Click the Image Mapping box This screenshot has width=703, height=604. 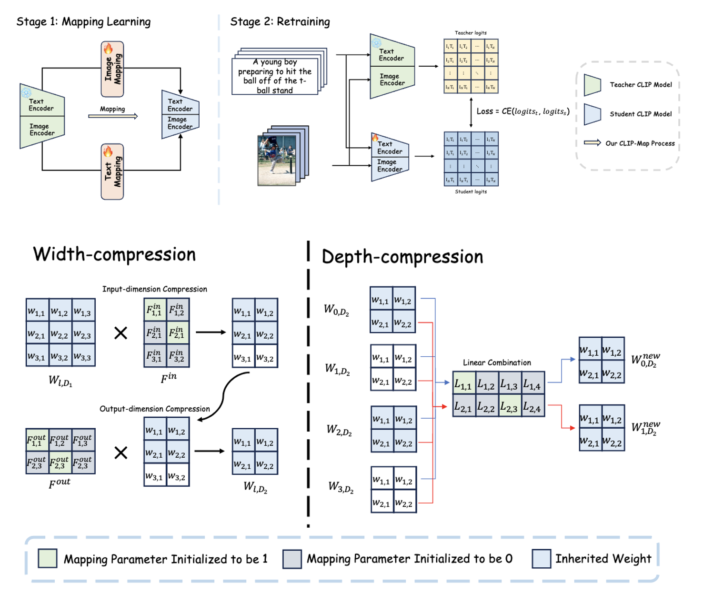click(x=112, y=69)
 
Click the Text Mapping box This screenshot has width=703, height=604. click(x=112, y=171)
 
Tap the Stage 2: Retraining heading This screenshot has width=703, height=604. click(x=280, y=22)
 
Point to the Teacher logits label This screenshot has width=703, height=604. click(x=471, y=33)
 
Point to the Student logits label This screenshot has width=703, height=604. click(x=471, y=191)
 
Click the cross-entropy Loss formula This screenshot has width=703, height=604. click(x=523, y=111)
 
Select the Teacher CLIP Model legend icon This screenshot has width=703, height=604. click(x=593, y=85)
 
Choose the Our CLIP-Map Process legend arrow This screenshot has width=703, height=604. click(x=593, y=142)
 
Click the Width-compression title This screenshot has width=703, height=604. click(x=114, y=254)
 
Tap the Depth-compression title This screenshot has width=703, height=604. click(x=402, y=257)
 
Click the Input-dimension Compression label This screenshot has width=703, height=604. click(x=155, y=289)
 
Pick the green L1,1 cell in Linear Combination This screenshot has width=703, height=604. click(x=463, y=384)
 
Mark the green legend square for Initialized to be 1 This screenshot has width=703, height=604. click(x=48, y=558)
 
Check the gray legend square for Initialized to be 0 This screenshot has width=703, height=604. click(x=292, y=559)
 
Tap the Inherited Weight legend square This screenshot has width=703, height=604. click(x=542, y=558)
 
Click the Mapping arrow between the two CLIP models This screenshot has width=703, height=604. click(x=113, y=116)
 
